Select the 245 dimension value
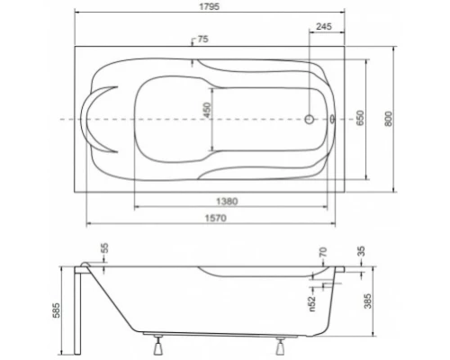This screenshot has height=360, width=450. [x=325, y=27]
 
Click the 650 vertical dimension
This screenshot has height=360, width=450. [x=361, y=117]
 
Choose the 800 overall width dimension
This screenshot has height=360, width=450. [x=388, y=117]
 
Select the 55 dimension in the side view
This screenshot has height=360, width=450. [x=103, y=247]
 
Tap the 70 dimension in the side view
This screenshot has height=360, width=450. [x=322, y=255]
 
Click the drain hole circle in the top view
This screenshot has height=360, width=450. [x=310, y=118]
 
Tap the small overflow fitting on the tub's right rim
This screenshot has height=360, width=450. [x=336, y=118]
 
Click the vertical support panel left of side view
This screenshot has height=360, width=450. [x=83, y=306]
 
